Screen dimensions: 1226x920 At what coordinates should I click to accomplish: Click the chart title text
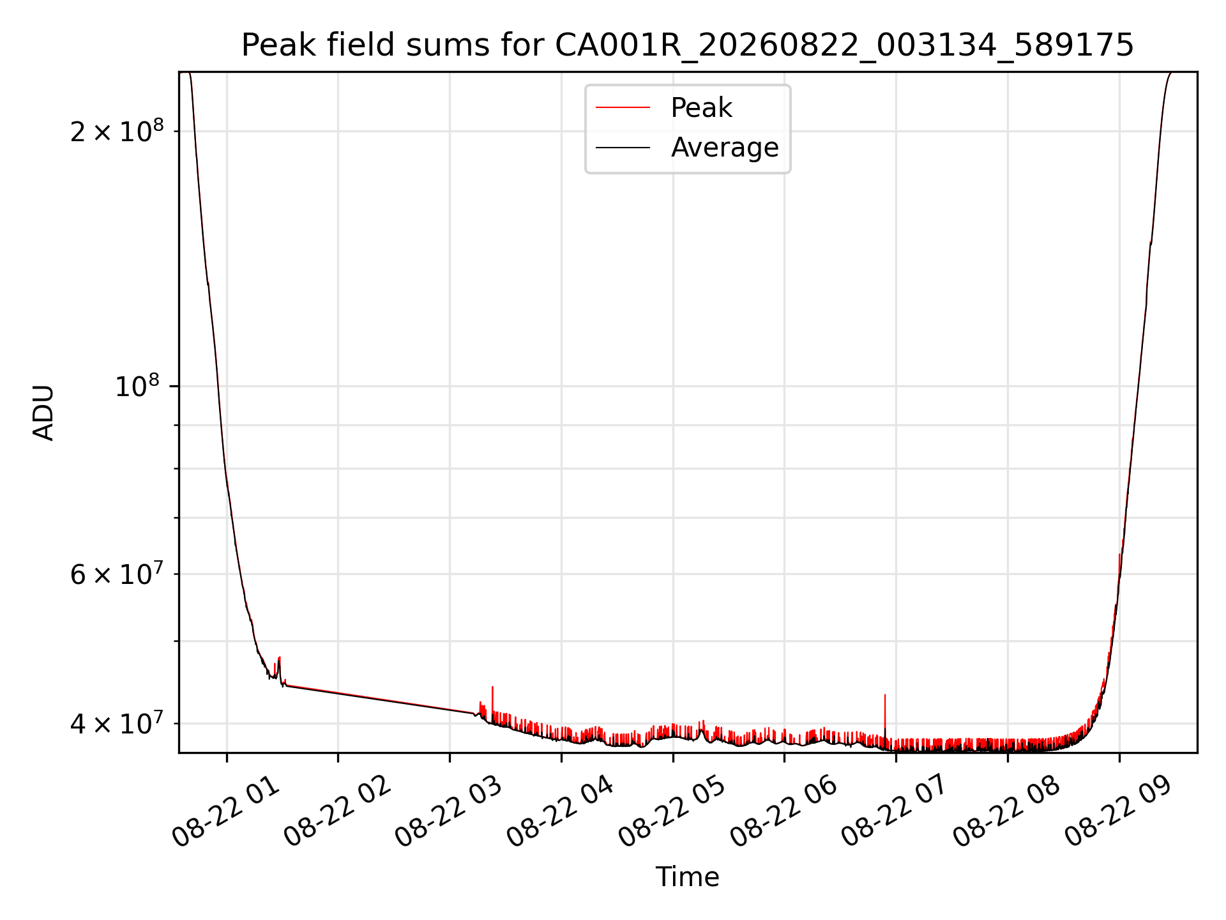tap(688, 45)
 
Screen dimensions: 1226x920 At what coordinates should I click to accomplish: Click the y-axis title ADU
tap(43, 413)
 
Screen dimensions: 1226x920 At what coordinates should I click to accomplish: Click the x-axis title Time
tap(688, 877)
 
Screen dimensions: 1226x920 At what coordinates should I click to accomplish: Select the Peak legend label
tap(701, 108)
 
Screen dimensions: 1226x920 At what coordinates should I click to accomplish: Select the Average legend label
tap(725, 148)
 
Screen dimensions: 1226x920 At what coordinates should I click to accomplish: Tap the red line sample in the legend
tap(623, 108)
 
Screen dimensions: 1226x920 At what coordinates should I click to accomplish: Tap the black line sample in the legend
tap(623, 148)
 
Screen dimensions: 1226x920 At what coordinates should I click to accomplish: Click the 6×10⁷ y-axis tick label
tap(117, 573)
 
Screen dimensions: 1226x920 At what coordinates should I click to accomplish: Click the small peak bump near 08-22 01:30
tap(279, 666)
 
